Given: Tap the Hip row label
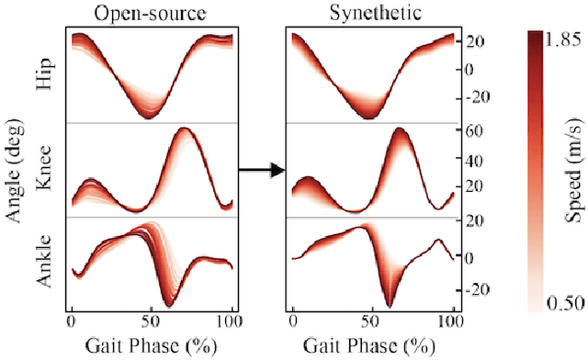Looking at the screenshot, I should tap(42, 76).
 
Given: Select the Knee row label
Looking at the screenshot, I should tap(42, 168).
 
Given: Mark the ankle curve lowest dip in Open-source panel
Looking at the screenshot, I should tap(168, 304).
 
